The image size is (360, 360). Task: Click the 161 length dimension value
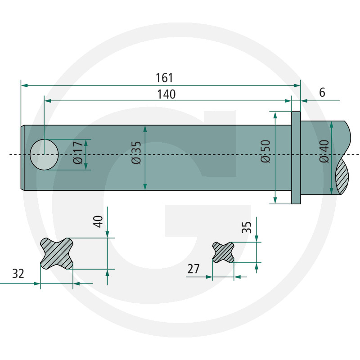[x=164, y=78]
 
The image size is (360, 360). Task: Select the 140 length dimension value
[x=166, y=94]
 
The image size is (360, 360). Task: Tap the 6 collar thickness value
[x=322, y=93]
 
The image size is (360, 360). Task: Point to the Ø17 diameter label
[x=78, y=153]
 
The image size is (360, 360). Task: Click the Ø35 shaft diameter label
[x=136, y=153]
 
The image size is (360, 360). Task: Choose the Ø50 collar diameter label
[x=266, y=151]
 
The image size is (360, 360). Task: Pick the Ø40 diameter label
[x=324, y=152]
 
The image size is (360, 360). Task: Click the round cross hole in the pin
[x=44, y=154]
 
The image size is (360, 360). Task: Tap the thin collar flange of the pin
[x=296, y=158]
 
